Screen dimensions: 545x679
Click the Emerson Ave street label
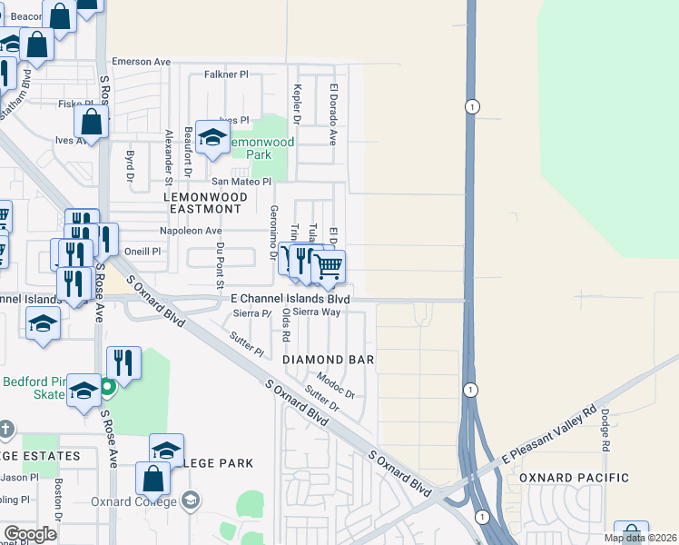coord(141,62)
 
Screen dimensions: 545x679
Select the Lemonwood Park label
coord(261,149)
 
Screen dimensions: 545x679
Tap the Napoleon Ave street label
coord(191,231)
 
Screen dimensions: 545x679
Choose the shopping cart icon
coord(328,268)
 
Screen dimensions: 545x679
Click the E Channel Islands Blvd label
coord(290,298)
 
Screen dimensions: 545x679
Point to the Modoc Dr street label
coord(335,384)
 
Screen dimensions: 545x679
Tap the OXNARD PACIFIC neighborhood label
coord(574,478)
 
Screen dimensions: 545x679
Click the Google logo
coord(30,534)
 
